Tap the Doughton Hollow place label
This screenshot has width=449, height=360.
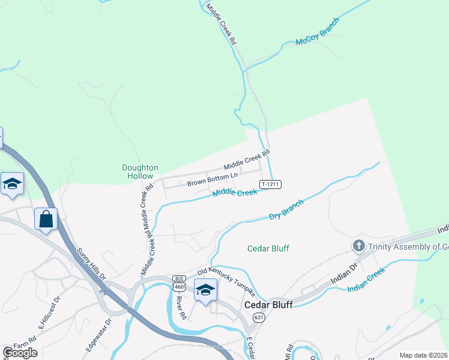click(140, 172)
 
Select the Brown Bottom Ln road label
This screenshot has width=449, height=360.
click(212, 179)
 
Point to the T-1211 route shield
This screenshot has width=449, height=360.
click(271, 184)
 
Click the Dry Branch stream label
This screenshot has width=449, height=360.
click(286, 209)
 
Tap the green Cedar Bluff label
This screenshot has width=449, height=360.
click(268, 248)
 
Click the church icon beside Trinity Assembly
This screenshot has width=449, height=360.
click(358, 245)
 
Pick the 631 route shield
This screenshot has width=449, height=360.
click(259, 317)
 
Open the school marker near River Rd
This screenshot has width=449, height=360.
click(205, 290)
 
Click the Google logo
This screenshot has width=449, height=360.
click(20, 353)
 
